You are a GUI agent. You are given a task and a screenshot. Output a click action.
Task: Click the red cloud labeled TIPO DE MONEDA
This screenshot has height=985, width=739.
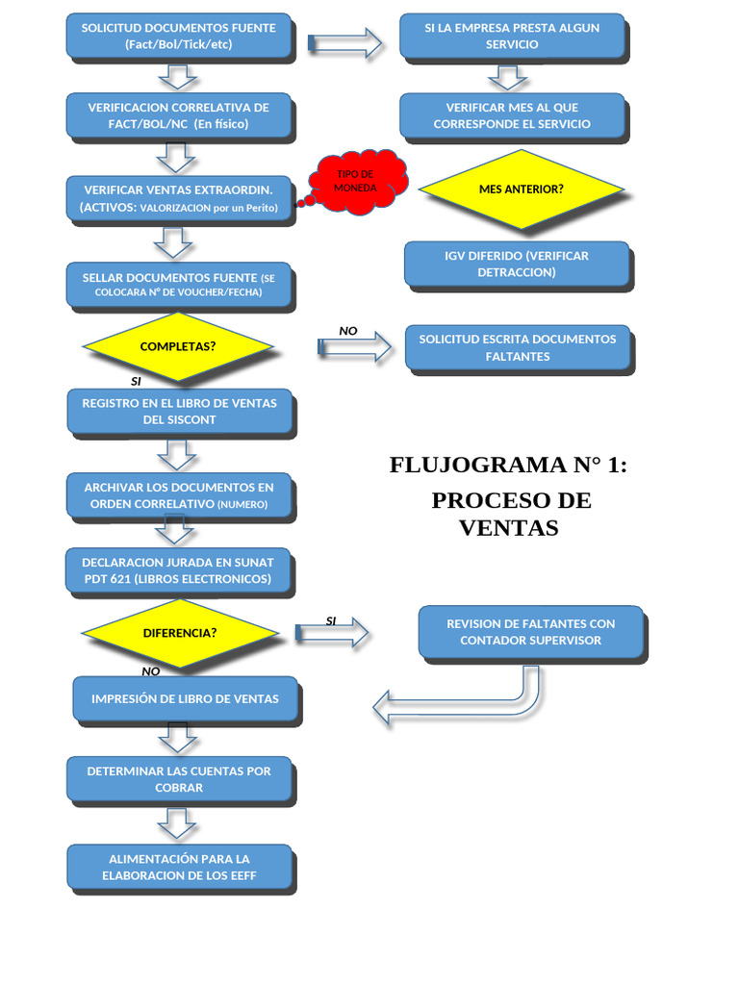[x=356, y=179]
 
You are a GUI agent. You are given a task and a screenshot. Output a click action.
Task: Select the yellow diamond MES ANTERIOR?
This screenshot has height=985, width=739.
[x=521, y=189]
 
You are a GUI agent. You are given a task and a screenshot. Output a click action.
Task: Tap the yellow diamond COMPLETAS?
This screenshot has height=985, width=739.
[x=178, y=346]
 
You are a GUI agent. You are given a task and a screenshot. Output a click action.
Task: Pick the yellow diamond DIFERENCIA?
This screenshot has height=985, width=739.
[x=180, y=633]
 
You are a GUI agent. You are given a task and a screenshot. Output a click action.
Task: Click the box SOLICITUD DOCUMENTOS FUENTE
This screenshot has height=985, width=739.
[x=178, y=36]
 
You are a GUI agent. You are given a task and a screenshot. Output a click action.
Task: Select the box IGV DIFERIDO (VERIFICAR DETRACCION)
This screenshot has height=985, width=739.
[x=517, y=264]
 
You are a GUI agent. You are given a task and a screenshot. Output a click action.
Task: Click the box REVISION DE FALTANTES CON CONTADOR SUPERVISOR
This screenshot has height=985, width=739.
[x=531, y=632]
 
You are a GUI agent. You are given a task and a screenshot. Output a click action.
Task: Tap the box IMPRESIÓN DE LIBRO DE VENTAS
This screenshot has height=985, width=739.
[x=186, y=699]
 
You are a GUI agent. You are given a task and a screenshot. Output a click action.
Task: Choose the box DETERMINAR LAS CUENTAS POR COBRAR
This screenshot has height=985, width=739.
[x=179, y=779]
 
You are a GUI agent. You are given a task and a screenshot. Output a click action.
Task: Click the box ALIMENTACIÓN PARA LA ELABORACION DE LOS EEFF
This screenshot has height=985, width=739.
[x=179, y=868]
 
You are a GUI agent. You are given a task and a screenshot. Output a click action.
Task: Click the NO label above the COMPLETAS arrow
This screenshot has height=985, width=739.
[x=347, y=331]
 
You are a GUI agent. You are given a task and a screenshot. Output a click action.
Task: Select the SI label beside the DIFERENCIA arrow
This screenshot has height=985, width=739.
[x=331, y=620]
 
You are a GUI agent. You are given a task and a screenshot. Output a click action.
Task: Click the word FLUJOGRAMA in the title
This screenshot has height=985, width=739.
[x=465, y=466]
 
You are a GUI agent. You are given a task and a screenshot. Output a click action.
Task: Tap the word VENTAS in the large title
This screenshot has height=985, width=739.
[x=508, y=528]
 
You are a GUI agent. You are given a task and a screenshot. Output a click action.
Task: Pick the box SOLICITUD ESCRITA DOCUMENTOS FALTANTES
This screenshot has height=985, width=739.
[x=518, y=347]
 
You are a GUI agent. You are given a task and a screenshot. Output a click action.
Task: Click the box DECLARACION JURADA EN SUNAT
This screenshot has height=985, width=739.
[x=178, y=570]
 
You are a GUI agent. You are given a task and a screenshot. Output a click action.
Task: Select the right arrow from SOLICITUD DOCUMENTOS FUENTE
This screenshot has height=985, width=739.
[x=344, y=42]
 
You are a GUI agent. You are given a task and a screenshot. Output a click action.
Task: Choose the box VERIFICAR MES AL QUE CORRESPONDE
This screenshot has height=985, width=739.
[x=512, y=115]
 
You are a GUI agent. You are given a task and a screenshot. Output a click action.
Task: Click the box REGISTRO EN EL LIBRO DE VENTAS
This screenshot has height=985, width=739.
[x=180, y=411]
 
